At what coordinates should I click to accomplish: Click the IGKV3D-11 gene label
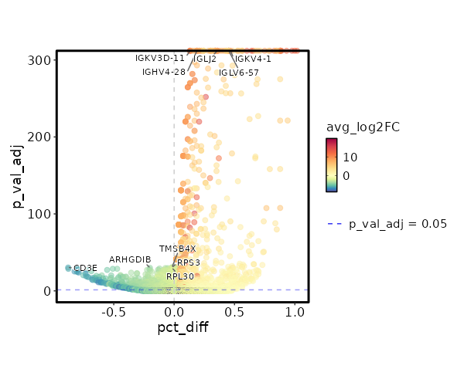160,58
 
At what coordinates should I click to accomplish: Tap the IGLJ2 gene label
205,59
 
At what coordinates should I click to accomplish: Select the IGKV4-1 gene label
253,59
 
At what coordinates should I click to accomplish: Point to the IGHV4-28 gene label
164,72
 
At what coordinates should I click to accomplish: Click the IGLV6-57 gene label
239,73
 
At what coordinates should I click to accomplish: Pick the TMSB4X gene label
178,249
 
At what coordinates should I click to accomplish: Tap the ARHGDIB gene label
130,259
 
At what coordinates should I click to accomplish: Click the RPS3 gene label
189,262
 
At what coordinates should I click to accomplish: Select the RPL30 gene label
180,276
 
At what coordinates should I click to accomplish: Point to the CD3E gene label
85,268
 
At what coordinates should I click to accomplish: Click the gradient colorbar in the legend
332,164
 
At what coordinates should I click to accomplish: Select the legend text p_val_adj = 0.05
398,224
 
